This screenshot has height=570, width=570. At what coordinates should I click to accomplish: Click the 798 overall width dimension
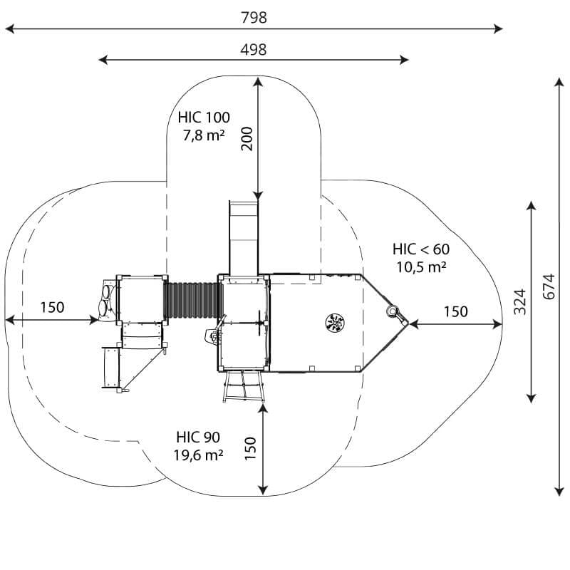click(254, 17)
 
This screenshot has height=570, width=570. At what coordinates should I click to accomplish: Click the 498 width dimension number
click(254, 49)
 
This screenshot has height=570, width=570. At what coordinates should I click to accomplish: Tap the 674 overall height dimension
click(549, 286)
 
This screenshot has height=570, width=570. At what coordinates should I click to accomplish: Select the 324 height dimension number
click(520, 301)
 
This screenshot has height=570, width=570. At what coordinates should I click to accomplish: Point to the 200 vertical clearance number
click(247, 138)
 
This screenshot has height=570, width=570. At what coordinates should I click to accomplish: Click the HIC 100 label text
click(204, 118)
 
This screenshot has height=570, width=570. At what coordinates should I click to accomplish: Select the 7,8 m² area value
click(203, 135)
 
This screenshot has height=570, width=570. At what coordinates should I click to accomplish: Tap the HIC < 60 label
click(421, 249)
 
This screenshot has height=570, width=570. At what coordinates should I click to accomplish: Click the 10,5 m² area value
click(421, 267)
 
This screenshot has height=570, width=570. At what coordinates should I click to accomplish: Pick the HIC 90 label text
click(198, 437)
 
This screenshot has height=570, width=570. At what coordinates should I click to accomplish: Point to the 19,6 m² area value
click(198, 455)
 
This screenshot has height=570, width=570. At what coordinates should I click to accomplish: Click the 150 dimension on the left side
click(52, 308)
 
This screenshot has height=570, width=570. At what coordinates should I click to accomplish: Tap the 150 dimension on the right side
click(456, 311)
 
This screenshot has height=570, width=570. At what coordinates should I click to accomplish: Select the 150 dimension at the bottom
click(250, 449)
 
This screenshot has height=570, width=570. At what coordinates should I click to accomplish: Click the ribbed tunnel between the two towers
click(192, 300)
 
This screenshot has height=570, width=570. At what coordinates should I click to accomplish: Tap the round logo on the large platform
click(335, 323)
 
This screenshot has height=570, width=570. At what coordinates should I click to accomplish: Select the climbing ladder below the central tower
click(243, 386)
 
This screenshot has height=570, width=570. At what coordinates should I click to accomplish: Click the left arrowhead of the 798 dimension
click(9, 28)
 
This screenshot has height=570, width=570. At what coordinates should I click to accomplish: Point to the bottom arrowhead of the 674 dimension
click(559, 492)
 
